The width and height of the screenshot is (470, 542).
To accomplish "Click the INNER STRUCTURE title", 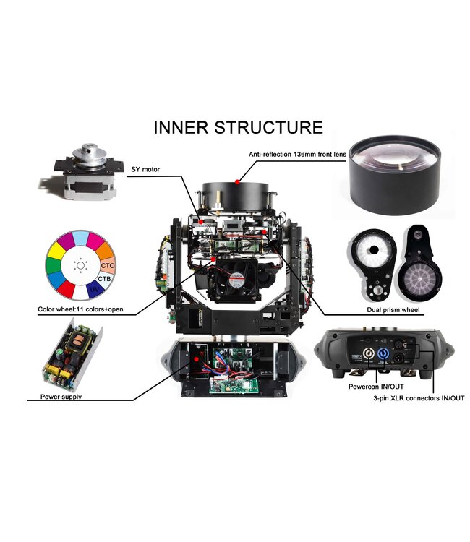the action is pos(238,127).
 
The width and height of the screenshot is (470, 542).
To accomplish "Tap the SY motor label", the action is pos(145,169).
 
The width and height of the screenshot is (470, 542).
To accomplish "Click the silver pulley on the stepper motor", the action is pos(89,155).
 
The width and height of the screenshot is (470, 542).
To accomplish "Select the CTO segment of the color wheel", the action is pos(108,265).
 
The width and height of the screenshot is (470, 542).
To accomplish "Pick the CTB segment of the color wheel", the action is pos(104,279).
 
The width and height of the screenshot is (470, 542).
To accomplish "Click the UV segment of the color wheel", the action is pos(95,289).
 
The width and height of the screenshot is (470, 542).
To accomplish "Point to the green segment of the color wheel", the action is pos(53,266).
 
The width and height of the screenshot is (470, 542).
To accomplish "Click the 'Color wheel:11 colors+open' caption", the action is pos(80,309).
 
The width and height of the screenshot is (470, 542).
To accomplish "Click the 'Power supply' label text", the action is pos(61,397).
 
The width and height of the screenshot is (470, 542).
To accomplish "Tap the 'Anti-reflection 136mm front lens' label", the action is pos(297,155).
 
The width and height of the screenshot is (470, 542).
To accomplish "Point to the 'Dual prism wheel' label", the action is pos(393,310).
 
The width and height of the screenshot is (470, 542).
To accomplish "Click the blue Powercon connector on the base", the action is pos(383,354).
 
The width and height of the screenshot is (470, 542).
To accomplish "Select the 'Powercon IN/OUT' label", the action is pos(376,387).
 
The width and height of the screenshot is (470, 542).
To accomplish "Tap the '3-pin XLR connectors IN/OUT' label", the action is pos(419,398).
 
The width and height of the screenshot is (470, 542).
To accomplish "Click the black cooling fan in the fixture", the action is pos(237,280).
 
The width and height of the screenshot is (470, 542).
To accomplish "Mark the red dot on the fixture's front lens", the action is pos(237,181).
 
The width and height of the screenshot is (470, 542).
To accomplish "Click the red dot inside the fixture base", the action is pos(197,359).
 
